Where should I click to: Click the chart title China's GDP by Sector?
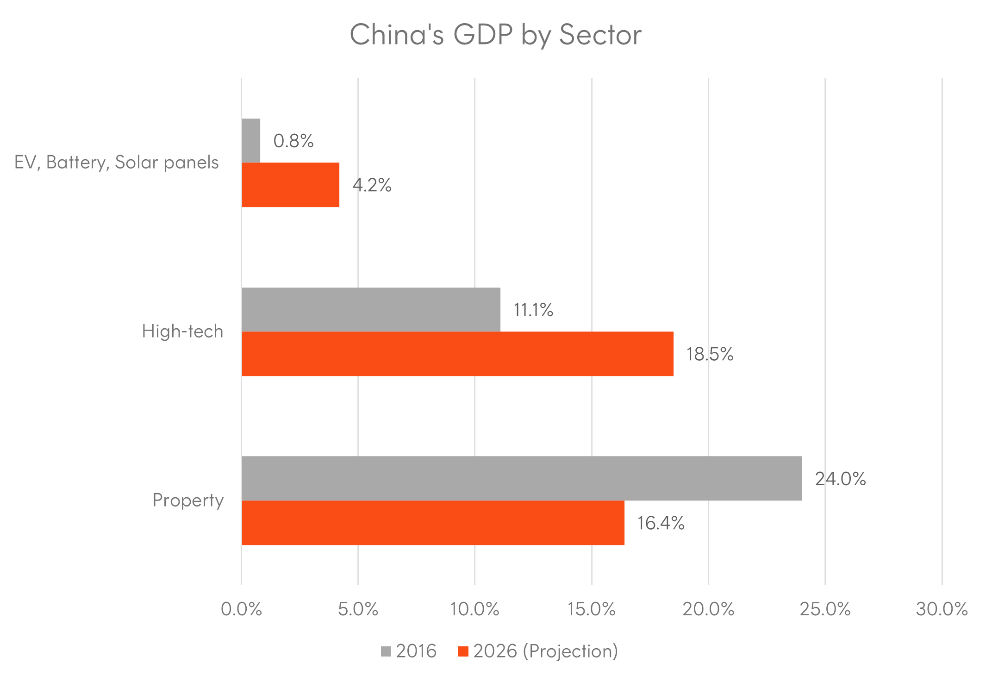pyautogui.click(x=495, y=35)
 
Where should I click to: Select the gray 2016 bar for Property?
pyautogui.click(x=522, y=478)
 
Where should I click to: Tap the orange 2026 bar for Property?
pyautogui.click(x=433, y=523)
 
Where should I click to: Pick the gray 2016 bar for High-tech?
pyautogui.click(x=371, y=309)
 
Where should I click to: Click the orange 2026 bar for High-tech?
pyautogui.click(x=457, y=354)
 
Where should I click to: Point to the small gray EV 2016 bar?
pyautogui.click(x=251, y=141)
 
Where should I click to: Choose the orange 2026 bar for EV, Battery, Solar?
pyautogui.click(x=291, y=185)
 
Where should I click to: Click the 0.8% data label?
pyautogui.click(x=293, y=141)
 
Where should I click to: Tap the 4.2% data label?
pyautogui.click(x=372, y=185)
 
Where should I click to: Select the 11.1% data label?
pyautogui.click(x=533, y=310)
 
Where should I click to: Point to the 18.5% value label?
pyautogui.click(x=709, y=354)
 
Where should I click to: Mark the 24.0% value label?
pyautogui.click(x=840, y=479)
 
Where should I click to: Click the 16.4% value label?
pyautogui.click(x=661, y=523)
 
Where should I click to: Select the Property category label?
pyautogui.click(x=188, y=501)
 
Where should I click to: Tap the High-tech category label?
pyautogui.click(x=182, y=331)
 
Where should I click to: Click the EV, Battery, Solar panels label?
pyautogui.click(x=116, y=163)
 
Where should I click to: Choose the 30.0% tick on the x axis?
pyautogui.click(x=942, y=609)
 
